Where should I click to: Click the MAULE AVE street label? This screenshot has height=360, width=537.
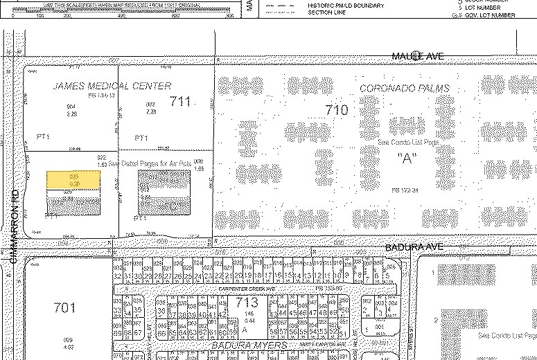pyautogui.click(x=417, y=55)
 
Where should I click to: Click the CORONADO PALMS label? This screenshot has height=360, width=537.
pyautogui.click(x=405, y=89)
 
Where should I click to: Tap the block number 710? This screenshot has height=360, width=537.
pyautogui.click(x=336, y=109)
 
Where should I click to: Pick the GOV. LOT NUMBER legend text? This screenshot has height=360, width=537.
pyautogui.click(x=490, y=15)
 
